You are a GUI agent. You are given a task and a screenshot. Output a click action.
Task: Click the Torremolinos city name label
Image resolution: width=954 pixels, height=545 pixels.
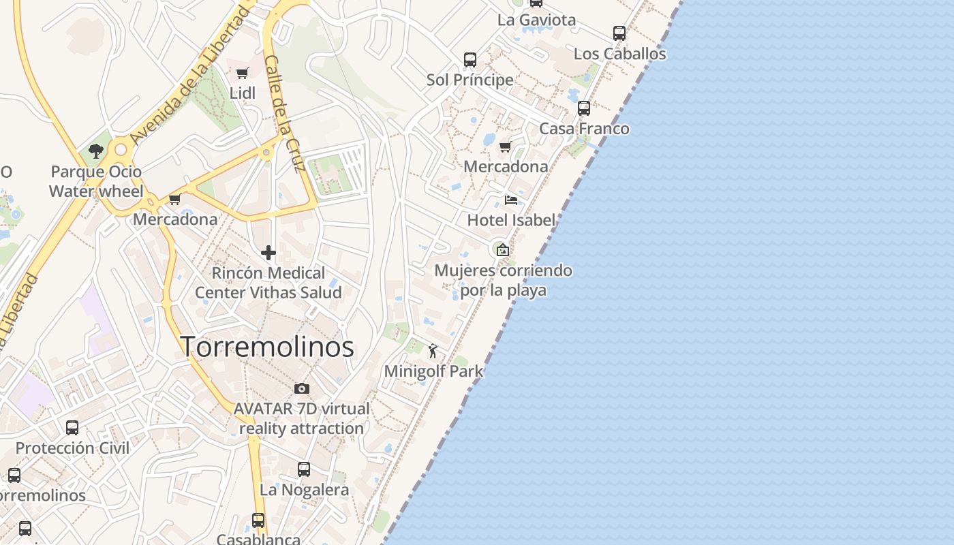coord(267,347)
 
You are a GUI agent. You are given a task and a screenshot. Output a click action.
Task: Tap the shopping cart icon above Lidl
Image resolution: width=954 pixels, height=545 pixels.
coord(243,73)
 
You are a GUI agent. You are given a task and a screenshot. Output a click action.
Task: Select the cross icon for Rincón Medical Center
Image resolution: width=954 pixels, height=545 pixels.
coord(268,253)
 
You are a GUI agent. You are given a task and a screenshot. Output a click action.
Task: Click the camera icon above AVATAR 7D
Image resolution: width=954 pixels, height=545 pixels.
coord(302,388)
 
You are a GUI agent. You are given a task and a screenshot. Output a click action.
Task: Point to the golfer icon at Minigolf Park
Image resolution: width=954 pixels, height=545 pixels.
coord(433,351)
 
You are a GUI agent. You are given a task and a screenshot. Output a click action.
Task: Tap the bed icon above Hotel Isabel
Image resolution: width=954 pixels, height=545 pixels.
coord(511,200)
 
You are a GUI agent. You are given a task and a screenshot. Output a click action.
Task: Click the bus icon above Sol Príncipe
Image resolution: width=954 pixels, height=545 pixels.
coord(470,59)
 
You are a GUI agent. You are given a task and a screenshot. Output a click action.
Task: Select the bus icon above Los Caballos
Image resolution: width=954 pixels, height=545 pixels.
coord(619,33)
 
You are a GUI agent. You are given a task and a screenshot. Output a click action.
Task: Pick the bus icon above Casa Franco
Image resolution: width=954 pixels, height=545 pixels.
coord(584,108)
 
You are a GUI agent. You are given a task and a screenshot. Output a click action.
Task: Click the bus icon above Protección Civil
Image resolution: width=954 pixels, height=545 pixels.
coord(72,427)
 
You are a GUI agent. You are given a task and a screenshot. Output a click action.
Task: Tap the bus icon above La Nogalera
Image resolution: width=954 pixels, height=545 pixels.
coord(304,469)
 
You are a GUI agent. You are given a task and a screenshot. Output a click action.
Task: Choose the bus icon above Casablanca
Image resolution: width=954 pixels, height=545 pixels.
coord(258,520)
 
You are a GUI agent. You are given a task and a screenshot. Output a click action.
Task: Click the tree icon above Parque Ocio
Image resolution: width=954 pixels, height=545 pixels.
coord(96,151)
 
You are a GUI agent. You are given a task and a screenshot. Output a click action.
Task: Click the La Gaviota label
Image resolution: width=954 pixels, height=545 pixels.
coord(536,20)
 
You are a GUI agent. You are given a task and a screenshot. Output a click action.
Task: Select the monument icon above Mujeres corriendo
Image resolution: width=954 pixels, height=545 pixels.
coord(503,250)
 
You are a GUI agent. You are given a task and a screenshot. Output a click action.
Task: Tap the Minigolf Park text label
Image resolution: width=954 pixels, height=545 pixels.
coord(433,371)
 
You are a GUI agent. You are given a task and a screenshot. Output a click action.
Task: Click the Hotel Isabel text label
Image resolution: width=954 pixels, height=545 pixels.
coord(511,220)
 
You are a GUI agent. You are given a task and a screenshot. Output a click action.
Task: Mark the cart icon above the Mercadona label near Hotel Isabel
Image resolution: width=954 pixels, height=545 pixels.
coord(506,146)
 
